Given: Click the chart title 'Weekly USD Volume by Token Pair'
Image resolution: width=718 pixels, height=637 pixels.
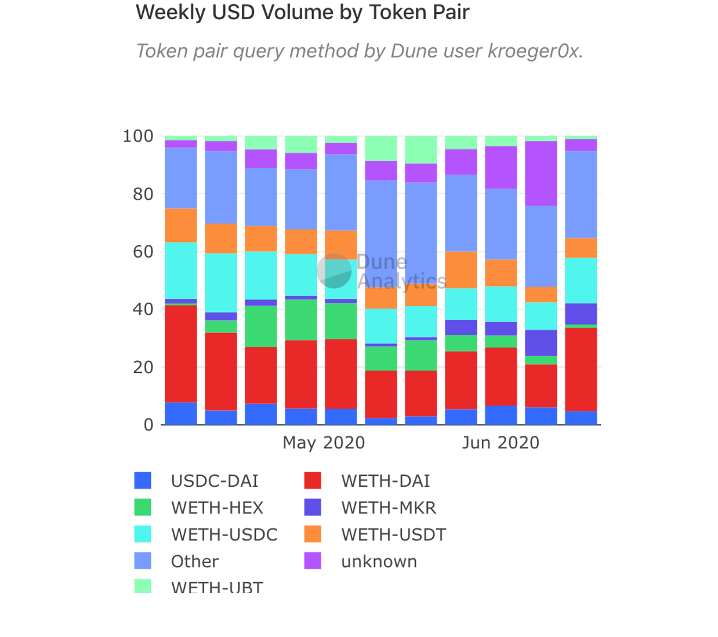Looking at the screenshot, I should pos(302,12).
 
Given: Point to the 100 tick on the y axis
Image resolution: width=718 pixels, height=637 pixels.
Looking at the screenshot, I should pos(138,136).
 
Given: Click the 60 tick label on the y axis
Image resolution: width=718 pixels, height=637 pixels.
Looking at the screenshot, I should pos(143,252).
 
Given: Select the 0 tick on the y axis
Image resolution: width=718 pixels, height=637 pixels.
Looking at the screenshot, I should pos(148,425).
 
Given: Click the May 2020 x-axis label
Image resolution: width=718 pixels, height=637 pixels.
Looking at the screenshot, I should pos(324,443).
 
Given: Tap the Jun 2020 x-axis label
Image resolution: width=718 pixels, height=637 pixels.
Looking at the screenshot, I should pos(501,443).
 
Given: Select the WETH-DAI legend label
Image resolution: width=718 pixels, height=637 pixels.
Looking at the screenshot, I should pos(386,481).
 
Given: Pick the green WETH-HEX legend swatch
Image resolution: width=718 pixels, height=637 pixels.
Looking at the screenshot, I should pos(143,508).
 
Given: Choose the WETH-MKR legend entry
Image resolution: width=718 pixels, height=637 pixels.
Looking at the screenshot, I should pos(388,508).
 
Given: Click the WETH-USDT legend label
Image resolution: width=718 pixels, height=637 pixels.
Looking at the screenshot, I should pos(394,534).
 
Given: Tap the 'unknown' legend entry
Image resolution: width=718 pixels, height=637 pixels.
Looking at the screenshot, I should pos(379,562).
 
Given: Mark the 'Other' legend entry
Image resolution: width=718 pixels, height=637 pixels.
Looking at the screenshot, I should pos(194,562).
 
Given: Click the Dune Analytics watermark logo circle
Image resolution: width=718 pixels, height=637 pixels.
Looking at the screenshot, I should pos(334,271).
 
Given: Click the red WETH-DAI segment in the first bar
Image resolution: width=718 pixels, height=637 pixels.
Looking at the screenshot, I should pos(181,353).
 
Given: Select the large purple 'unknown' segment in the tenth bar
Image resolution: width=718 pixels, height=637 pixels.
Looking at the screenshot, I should pos(541,173).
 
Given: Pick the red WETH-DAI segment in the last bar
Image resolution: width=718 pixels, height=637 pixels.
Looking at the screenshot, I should pos(581,370).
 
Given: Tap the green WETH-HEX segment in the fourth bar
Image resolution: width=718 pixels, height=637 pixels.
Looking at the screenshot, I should pos(301,320).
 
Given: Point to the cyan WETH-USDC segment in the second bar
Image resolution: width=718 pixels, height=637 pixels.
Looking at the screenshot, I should pos(221,283).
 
